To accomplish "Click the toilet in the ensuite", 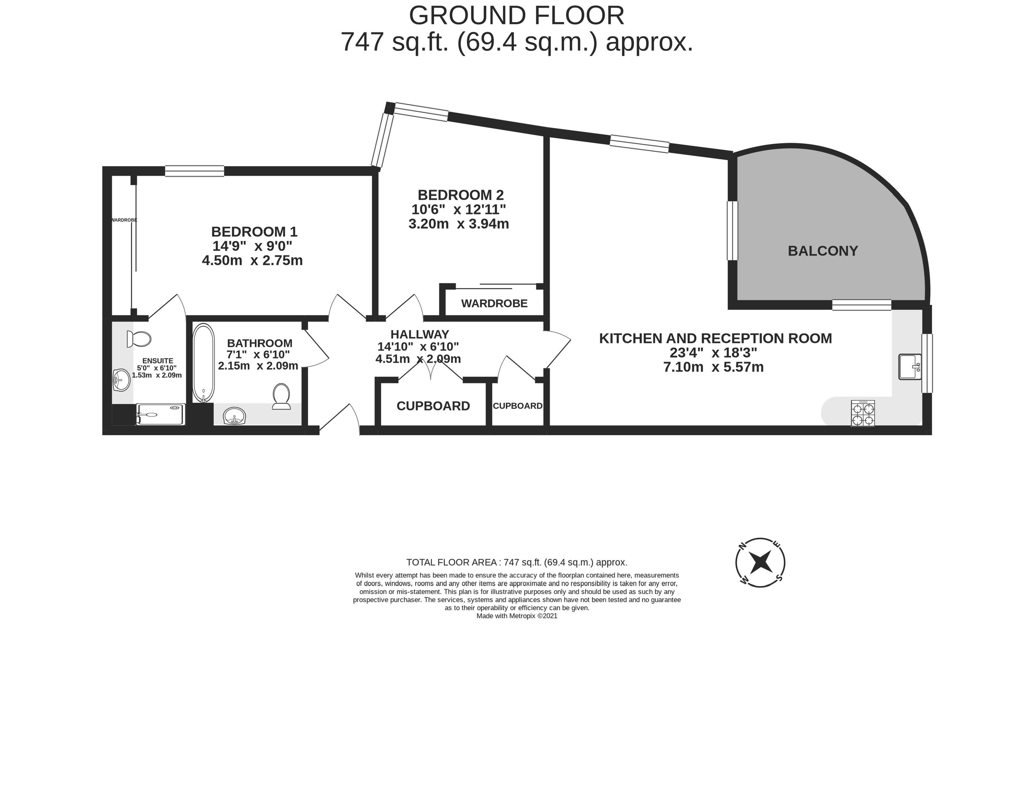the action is (139, 339).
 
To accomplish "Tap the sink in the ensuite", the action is (122, 380).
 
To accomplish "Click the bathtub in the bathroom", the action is (204, 363).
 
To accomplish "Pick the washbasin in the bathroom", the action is (234, 416).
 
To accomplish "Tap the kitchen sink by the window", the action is (910, 367).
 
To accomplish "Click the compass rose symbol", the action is (760, 562).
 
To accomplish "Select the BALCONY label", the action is (823, 251).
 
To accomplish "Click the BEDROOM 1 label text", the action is (254, 232).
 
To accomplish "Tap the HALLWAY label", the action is (420, 334).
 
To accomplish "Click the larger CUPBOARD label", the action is (433, 406).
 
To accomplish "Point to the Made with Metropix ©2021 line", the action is (517, 616).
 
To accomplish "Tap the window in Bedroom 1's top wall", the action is (194, 171).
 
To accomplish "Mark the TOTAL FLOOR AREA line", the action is (517, 562).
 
